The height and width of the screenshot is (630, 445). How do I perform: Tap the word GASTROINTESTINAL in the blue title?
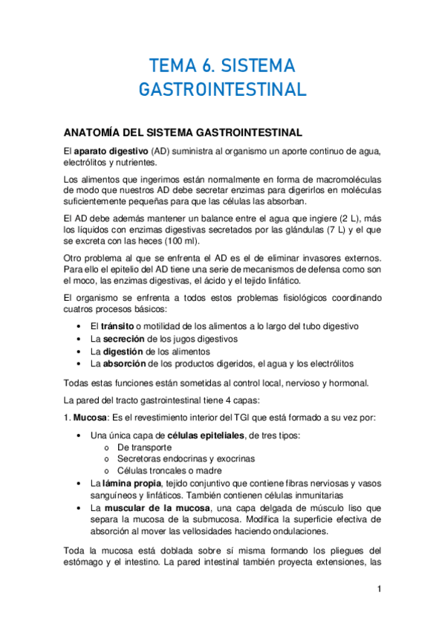tap(222, 90)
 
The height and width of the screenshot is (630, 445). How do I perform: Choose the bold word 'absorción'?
tap(123, 363)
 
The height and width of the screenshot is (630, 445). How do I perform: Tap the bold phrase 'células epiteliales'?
tap(186, 435)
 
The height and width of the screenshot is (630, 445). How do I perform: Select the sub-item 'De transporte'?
tap(145, 447)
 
